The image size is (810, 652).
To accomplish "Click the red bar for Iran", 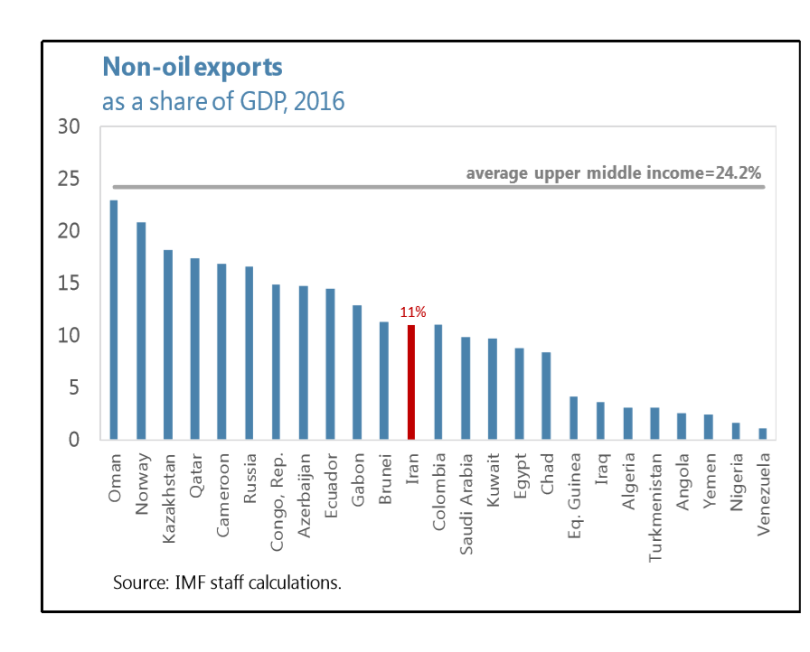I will pos(410,383).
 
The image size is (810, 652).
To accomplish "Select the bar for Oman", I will pos(114,320).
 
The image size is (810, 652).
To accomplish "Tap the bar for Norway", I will pos(141,331).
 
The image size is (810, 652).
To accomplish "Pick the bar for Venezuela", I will pos(763,434).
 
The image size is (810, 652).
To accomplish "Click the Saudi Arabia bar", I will pos(466,388).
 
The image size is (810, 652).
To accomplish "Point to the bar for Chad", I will pos(546,396).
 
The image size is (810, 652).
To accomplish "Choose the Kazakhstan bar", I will pos(168,345).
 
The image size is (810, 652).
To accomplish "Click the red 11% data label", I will pos(412,312).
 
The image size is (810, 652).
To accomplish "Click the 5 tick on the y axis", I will pos(75,387).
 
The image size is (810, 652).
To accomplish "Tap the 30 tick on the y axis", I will pos(70,127).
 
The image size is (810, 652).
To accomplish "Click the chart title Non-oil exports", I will pos(192,67).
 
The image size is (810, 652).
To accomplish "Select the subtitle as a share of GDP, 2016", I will pos(223,100).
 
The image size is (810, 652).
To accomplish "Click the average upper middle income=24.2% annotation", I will pos(615,172).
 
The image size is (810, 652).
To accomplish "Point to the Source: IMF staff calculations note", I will pos(227,582).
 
